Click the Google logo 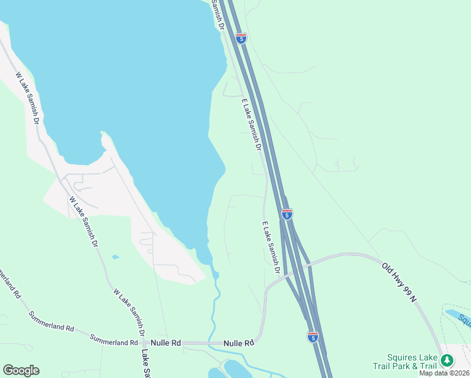(21, 370)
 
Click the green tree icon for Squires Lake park (446, 360)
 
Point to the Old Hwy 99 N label (399, 282)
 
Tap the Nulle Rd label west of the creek (166, 343)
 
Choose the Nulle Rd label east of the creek (239, 343)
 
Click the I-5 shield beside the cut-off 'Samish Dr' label (241, 38)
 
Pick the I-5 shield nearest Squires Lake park (313, 337)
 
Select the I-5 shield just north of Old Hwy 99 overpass (287, 214)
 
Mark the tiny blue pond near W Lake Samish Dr (115, 257)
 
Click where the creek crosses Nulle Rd (211, 343)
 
